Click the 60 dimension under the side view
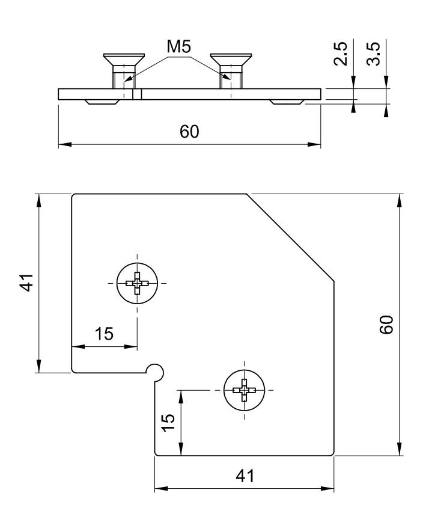[x=190, y=132]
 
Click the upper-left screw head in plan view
[x=137, y=283]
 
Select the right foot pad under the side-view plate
[x=285, y=102]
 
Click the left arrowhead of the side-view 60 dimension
[x=63, y=144]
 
